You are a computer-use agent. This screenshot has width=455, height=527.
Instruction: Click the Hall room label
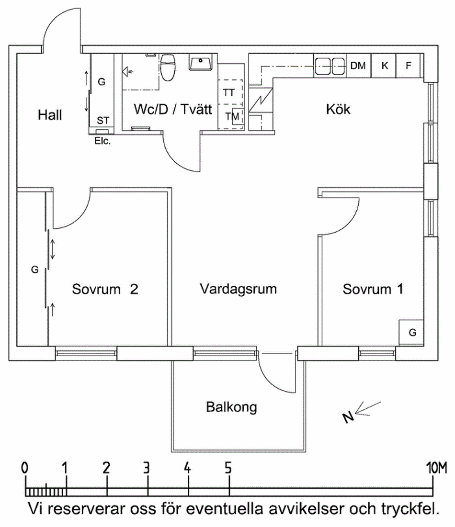50,115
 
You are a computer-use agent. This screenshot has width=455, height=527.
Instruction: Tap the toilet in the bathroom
167,67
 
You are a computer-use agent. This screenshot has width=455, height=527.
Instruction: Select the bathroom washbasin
201,64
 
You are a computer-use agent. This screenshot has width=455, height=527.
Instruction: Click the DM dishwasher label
358,66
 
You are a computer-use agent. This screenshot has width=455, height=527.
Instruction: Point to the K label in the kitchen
385,66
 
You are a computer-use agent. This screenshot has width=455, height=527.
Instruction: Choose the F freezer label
409,66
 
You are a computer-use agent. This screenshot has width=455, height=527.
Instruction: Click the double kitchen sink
330,66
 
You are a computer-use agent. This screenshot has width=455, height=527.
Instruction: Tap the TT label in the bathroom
229,93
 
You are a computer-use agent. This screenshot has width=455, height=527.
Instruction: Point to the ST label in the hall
102,120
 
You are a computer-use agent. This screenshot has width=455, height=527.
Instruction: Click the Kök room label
338,109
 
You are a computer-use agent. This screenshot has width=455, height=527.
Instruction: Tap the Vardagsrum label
239,289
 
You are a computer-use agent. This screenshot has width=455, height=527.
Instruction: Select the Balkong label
232,407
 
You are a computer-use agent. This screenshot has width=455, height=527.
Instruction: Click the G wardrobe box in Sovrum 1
412,332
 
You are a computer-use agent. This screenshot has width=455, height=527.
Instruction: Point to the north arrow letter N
349,417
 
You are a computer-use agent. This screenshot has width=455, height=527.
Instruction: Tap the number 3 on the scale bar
148,467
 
